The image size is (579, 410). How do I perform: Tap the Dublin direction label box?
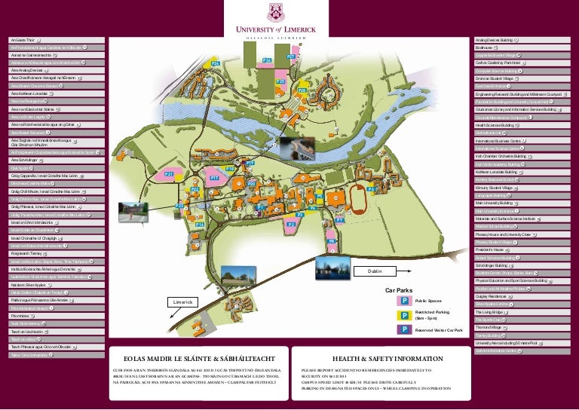[x=375, y=271]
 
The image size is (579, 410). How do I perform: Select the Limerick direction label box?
[x=182, y=301]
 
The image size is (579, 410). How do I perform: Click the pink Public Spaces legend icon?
[x=404, y=301]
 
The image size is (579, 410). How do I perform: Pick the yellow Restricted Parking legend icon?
[x=404, y=315]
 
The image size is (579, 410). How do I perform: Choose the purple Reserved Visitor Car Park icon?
[x=404, y=329]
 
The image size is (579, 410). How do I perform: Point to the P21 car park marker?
[x=169, y=174]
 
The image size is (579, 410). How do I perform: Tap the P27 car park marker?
[x=290, y=57]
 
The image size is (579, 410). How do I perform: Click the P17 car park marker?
[x=214, y=178]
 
